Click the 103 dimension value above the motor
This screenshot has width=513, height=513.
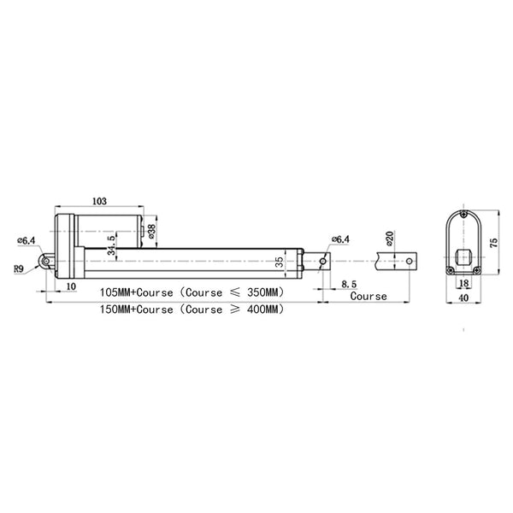(x=99, y=201)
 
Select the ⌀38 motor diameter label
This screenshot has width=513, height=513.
(x=152, y=231)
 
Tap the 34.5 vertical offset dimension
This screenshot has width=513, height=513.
(x=111, y=245)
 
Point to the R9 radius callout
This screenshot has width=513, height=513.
(x=19, y=269)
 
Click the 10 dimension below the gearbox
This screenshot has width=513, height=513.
(x=71, y=286)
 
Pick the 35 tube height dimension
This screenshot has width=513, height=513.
(x=280, y=262)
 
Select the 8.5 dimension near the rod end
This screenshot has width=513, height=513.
(x=349, y=284)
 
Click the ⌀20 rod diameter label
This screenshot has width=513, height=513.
(x=389, y=239)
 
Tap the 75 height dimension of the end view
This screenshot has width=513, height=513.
(x=493, y=243)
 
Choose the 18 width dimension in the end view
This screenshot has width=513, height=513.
(x=464, y=283)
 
